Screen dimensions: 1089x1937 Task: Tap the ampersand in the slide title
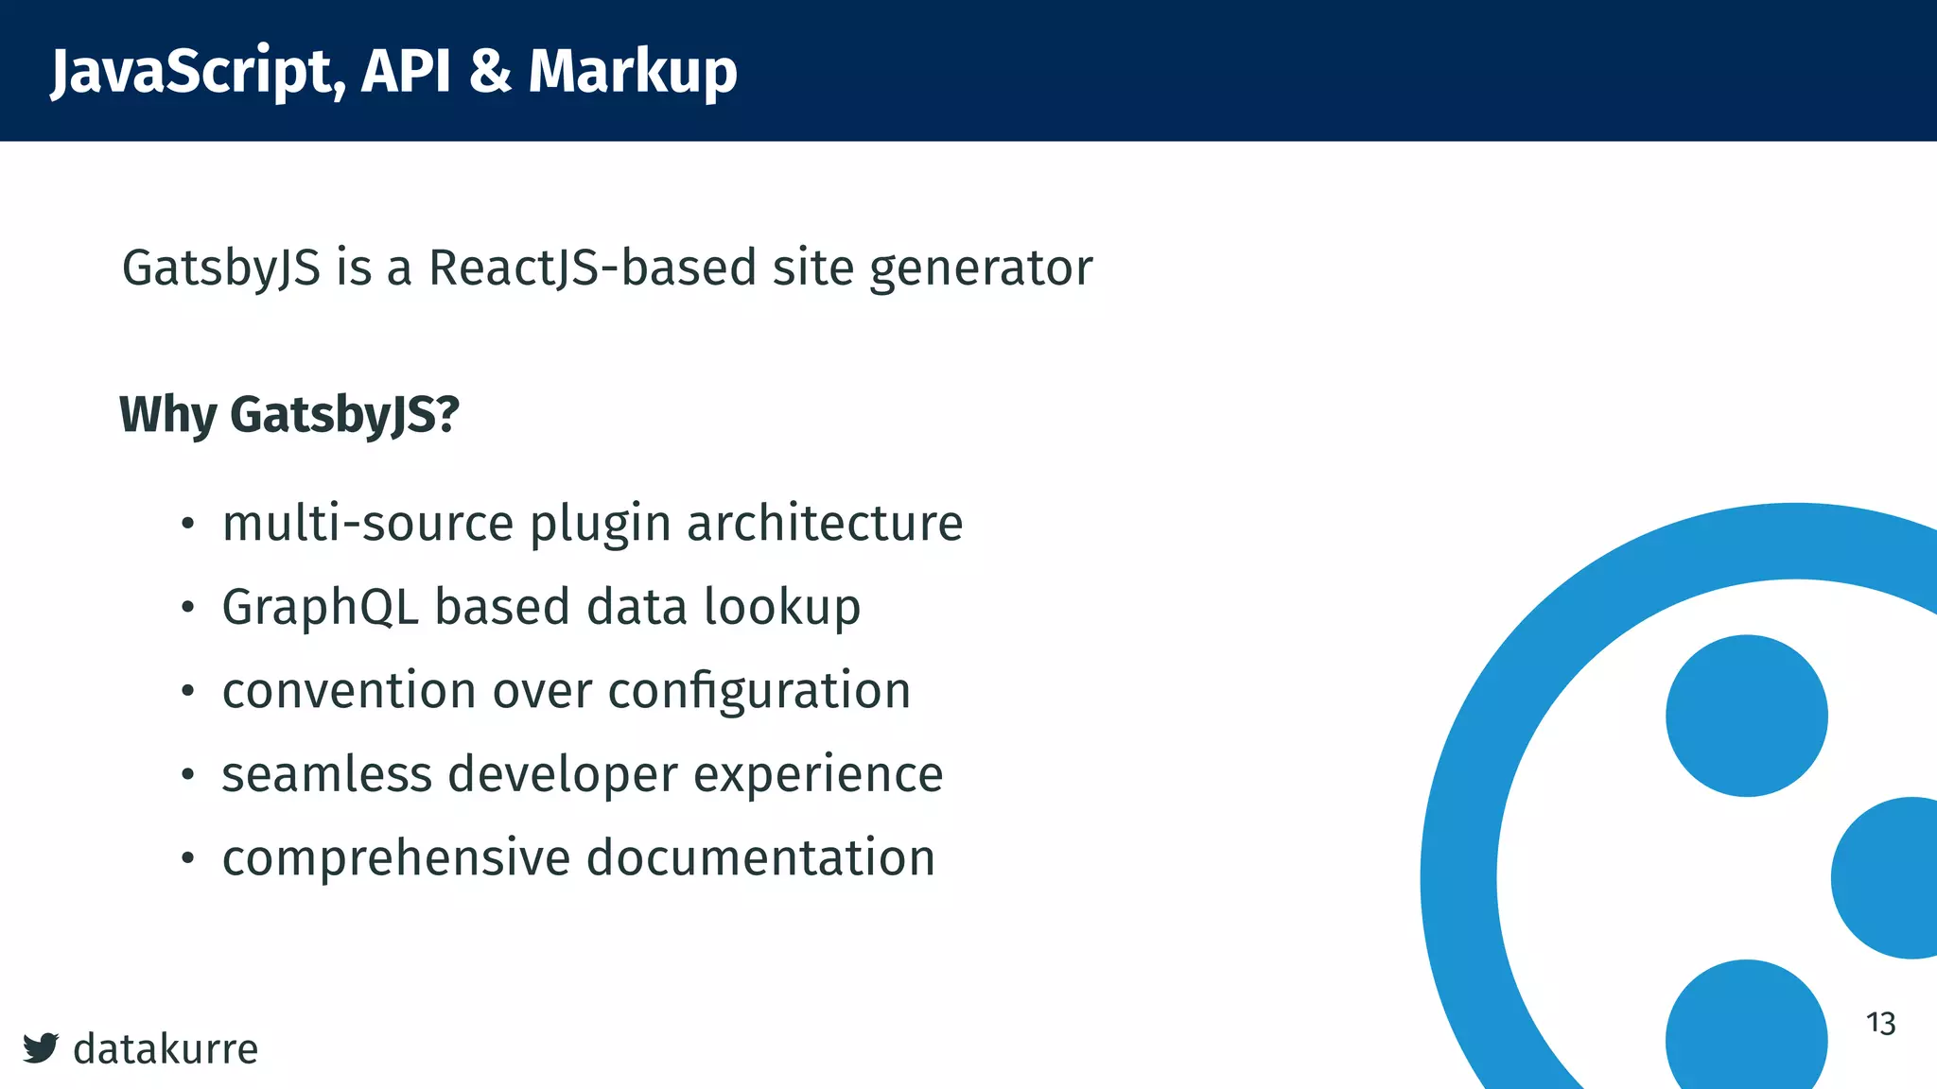[x=490, y=71]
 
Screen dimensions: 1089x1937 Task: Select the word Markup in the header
[x=633, y=72]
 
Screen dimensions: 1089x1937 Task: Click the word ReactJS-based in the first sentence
[x=593, y=268]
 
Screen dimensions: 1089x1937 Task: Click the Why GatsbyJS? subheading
[x=289, y=415]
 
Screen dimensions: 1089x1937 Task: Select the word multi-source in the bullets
[x=368, y=523]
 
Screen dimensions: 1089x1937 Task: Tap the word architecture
[x=825, y=523]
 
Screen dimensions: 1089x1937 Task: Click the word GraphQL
[x=320, y=608]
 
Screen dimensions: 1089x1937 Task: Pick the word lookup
[x=782, y=608]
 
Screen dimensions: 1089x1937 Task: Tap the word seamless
[x=326, y=774]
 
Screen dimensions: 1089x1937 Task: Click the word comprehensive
[x=396, y=858]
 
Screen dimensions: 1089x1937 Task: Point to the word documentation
[x=760, y=857]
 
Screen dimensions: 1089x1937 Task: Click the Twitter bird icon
[x=41, y=1047]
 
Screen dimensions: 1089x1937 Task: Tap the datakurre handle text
[x=166, y=1048]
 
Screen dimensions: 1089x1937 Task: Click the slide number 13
[x=1880, y=1023]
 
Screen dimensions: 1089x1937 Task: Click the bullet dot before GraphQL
[x=188, y=608]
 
